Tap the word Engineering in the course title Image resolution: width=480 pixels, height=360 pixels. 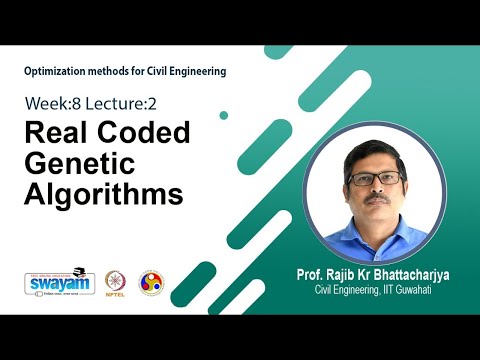coord(192,71)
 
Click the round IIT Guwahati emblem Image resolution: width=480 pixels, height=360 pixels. coord(150,282)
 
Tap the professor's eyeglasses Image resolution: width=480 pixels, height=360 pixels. coord(374,178)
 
